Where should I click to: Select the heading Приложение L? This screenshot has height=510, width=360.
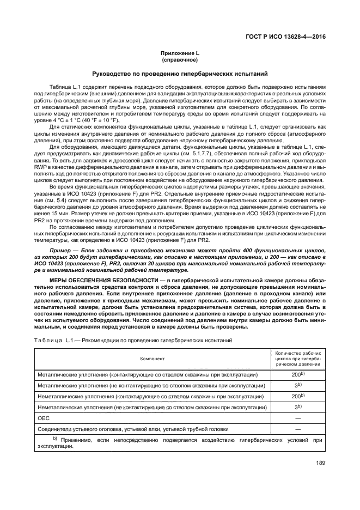click(179, 53)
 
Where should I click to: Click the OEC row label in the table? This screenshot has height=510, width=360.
click(43, 418)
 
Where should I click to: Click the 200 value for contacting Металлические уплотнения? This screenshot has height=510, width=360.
click(297, 375)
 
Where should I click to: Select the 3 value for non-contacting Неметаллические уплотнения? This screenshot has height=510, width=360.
click(297, 407)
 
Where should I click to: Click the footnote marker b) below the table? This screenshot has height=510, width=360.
click(54, 439)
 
